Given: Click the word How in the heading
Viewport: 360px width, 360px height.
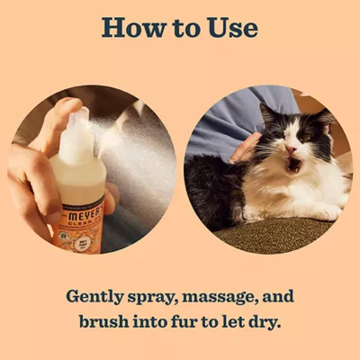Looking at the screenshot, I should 130,27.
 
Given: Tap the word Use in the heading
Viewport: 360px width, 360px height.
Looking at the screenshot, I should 231,27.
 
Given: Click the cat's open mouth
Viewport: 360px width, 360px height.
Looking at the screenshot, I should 293,166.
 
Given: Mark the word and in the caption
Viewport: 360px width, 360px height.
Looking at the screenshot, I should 278,297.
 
